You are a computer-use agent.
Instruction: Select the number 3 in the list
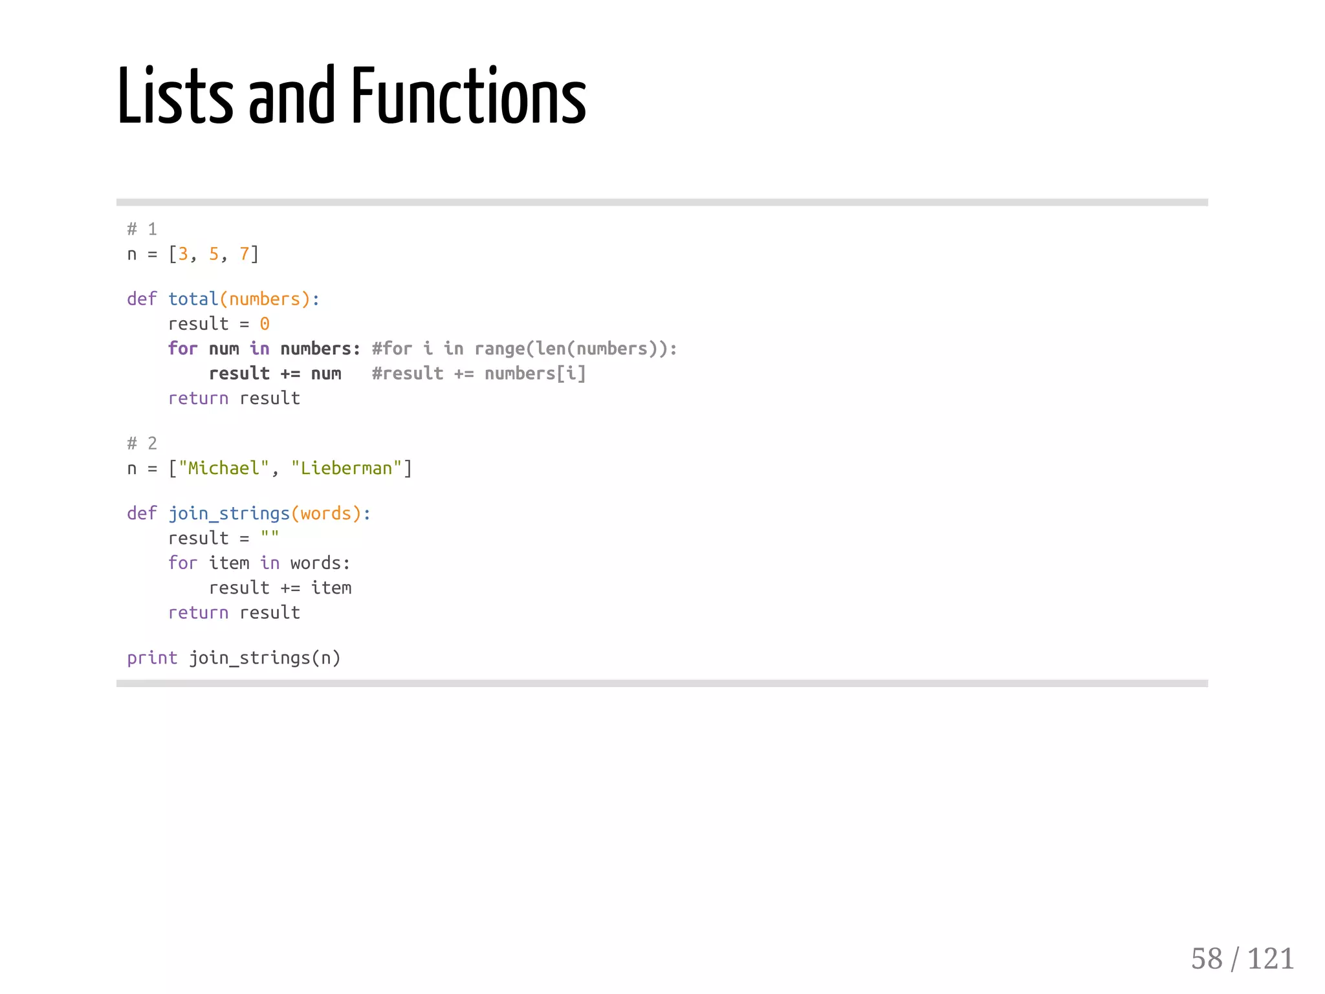[183, 254]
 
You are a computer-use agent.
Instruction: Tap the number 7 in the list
[245, 254]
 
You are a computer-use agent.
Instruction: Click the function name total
[193, 299]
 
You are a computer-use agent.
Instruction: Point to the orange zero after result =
[265, 324]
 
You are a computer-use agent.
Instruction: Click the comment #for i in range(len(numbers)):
[524, 349]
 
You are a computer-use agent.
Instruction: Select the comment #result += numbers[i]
[478, 374]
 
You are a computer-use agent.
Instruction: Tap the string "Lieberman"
[346, 468]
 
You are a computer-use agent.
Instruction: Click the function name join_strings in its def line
[228, 513]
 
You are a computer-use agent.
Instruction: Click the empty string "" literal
[270, 536]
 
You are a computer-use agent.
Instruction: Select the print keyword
[152, 658]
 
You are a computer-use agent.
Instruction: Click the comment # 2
[142, 444]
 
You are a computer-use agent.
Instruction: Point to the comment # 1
[142, 229]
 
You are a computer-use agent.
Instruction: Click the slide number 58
[1207, 958]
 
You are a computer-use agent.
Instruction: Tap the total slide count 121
[1270, 958]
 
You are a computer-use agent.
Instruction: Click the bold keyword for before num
[182, 349]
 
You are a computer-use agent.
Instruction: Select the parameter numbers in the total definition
[265, 299]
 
